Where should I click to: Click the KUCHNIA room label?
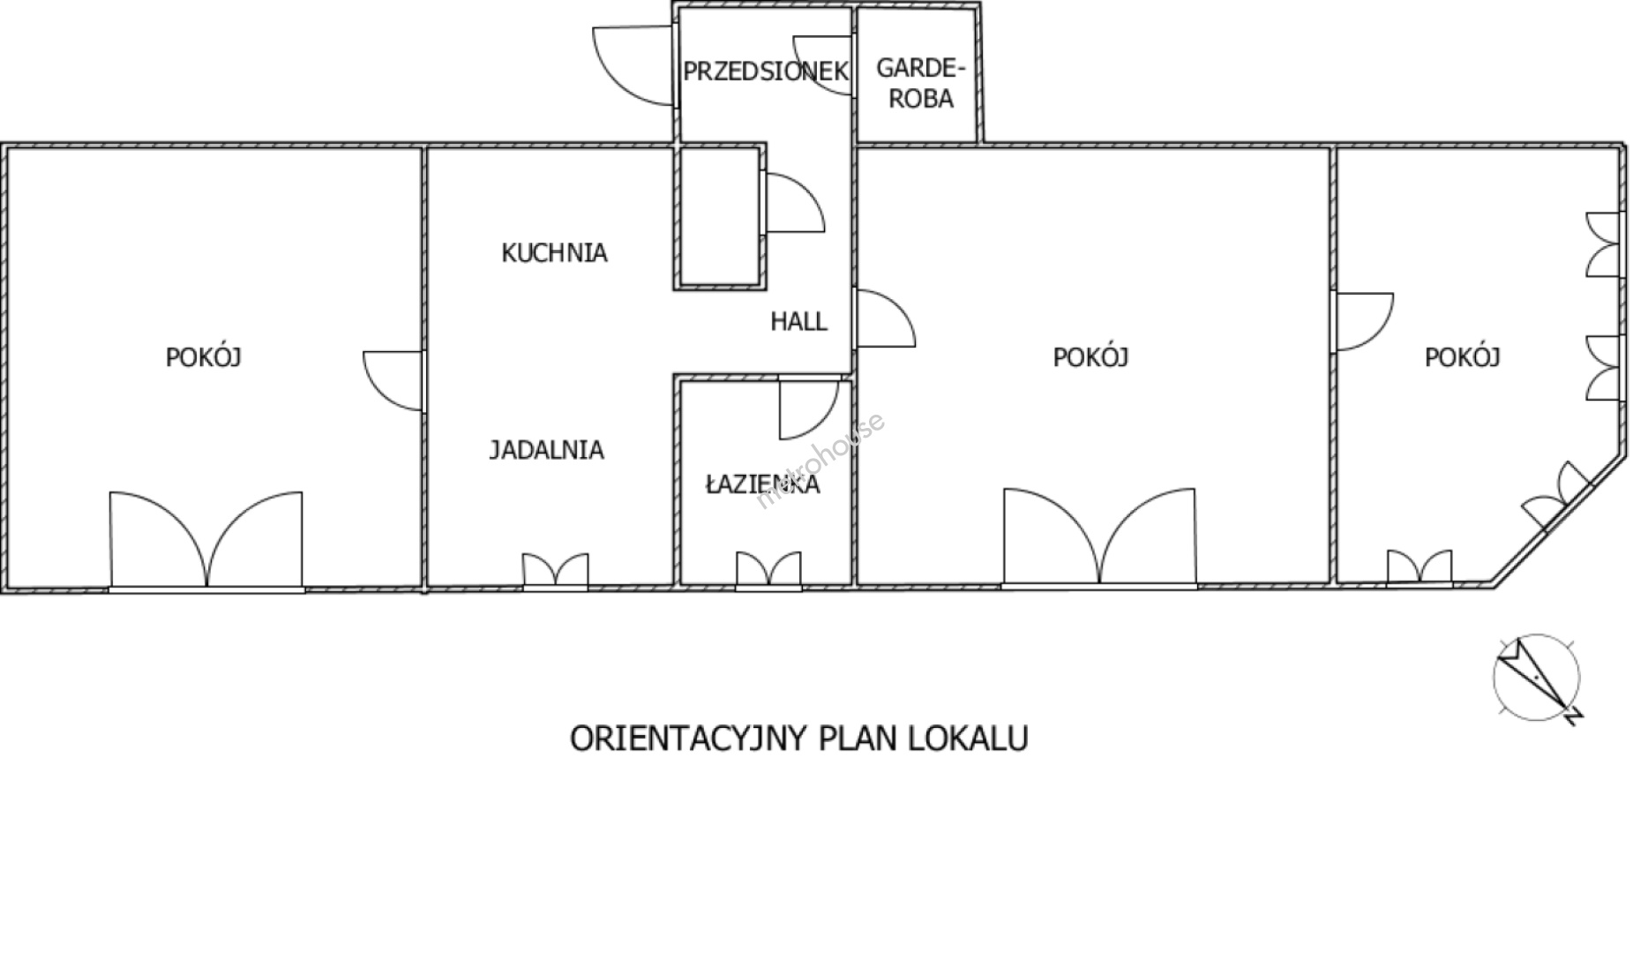554,253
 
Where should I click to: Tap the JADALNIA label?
547,450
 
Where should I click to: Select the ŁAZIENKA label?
763,484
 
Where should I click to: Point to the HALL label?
798,321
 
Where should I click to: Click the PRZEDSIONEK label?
766,71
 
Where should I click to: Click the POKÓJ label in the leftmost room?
204,357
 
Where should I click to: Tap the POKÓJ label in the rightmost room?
1463,357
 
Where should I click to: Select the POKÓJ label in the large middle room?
1091,357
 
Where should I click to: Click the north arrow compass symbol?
1537,678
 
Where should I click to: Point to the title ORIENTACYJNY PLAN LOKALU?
799,739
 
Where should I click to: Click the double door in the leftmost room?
206,540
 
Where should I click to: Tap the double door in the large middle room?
1100,537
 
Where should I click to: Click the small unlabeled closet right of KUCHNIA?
719,218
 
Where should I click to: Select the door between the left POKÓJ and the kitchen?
394,381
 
